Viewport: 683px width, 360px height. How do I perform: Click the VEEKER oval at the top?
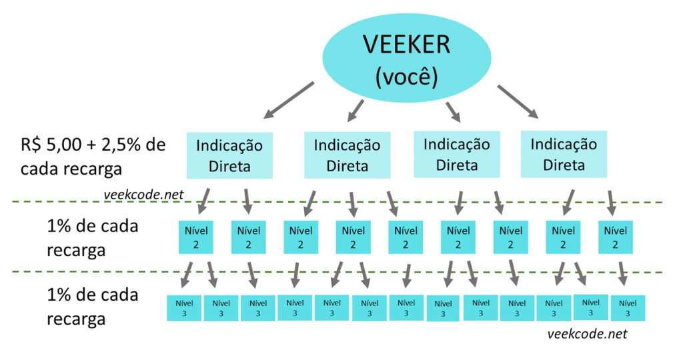click(x=406, y=57)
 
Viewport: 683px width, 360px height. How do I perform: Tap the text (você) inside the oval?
click(x=406, y=77)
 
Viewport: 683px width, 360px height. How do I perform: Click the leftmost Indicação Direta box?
click(x=229, y=155)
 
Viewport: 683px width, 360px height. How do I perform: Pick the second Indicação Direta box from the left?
click(x=347, y=155)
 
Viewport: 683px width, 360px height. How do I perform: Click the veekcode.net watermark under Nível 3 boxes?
click(x=587, y=334)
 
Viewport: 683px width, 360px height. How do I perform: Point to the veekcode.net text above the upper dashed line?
click(x=144, y=194)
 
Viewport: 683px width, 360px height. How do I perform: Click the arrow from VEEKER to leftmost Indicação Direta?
click(x=289, y=100)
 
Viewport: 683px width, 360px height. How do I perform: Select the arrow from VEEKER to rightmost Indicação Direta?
click(x=518, y=102)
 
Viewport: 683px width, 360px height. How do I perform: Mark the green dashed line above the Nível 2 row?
click(x=400, y=201)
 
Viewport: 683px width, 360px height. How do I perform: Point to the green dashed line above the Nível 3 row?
click(x=400, y=273)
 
